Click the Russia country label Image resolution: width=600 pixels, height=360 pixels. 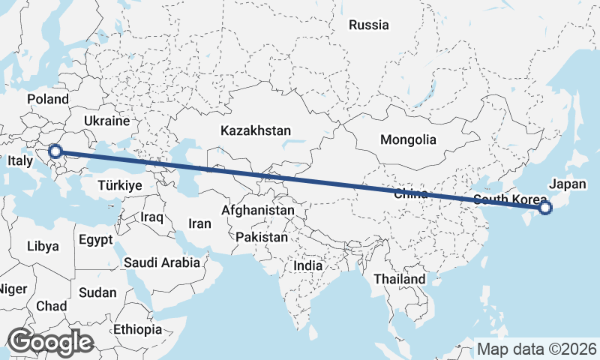pos(369,25)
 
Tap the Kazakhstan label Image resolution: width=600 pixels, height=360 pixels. pos(256,130)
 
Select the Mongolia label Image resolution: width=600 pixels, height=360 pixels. pos(408,139)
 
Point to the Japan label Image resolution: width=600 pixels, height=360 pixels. pos(566,184)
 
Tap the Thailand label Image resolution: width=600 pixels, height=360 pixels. pos(400,279)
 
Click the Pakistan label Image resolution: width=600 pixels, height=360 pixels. pos(262,237)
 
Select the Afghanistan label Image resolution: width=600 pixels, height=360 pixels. pos(257,211)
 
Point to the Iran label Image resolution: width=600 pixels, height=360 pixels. pos(199,223)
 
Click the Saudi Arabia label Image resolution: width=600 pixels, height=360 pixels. pos(162,262)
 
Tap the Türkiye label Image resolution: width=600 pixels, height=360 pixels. pos(120,184)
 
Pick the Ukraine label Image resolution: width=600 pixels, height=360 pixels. pos(107,120)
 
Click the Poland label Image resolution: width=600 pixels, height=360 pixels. pos(48,99)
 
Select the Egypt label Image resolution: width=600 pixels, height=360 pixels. pos(95,240)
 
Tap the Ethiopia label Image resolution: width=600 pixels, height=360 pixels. pos(137,329)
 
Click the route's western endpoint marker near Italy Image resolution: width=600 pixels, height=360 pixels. pos(55,152)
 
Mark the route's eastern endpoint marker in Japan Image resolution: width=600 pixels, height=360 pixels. pos(545,208)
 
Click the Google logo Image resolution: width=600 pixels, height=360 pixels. pos(49,342)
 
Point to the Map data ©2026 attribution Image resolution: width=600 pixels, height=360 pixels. pos(536,349)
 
